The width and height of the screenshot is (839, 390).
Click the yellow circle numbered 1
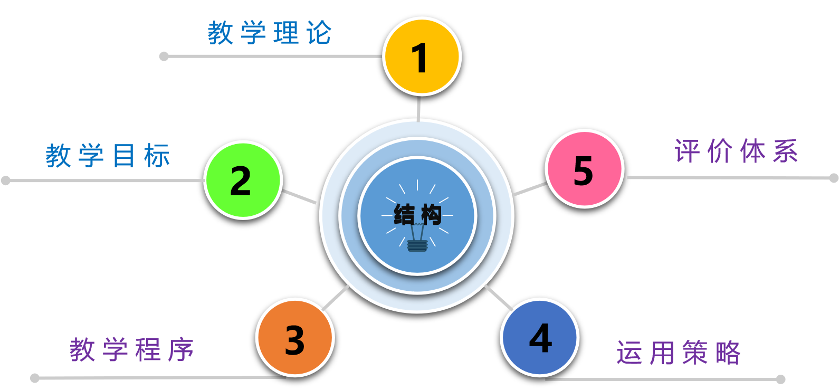[x=422, y=56]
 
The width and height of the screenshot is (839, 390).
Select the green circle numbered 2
[x=243, y=180]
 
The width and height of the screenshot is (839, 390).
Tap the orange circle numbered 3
[x=295, y=338]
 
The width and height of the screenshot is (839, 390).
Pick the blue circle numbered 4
[x=539, y=338]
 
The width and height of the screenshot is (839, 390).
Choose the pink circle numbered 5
[x=584, y=169]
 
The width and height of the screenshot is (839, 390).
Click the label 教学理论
[x=270, y=33]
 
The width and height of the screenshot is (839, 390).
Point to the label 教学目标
[x=108, y=156]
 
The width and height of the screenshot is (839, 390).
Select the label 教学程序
[x=132, y=350]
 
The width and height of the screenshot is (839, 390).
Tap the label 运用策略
[x=679, y=353]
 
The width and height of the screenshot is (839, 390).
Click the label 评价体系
[x=736, y=151]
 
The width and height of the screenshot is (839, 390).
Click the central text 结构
[x=417, y=215]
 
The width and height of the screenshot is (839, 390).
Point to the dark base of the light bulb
[x=417, y=246]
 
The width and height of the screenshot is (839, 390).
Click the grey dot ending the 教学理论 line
[x=164, y=56]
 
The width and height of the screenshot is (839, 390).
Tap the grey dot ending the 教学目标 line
[x=6, y=180]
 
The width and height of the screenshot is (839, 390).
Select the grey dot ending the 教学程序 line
[x=35, y=378]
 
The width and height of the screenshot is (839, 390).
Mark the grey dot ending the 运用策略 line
[x=781, y=379]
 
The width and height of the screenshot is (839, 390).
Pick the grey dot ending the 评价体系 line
[x=834, y=178]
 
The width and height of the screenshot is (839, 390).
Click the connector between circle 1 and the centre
[x=418, y=109]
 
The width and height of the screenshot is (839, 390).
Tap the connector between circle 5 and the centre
[x=530, y=188]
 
